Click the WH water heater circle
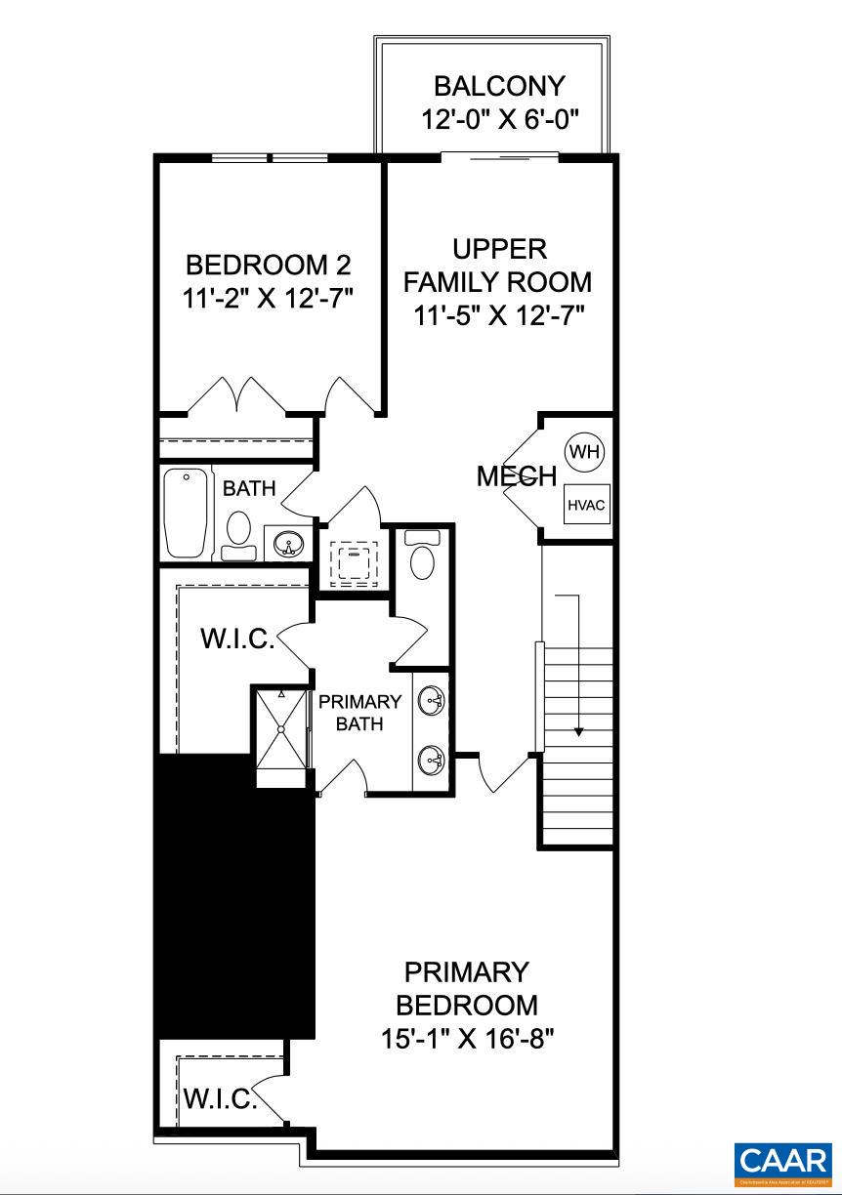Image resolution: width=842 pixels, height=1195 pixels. [x=585, y=452]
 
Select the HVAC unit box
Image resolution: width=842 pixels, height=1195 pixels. [x=586, y=505]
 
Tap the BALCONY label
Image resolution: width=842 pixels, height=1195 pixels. [x=499, y=87]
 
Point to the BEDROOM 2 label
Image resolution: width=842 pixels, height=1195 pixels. [x=268, y=265]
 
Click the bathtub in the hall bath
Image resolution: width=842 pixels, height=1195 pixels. [x=188, y=513]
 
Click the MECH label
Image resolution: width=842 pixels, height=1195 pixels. [x=517, y=476]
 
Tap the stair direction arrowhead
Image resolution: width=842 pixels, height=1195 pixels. [x=579, y=730]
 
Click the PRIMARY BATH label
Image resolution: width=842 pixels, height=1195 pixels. [x=359, y=713]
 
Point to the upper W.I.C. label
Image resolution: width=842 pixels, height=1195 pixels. [x=236, y=639]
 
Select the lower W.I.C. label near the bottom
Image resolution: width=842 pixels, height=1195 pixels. [x=220, y=1099]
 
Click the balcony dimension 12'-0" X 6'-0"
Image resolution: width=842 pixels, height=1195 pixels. [x=500, y=119]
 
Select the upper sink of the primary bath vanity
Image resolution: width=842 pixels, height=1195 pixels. [x=432, y=700]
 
